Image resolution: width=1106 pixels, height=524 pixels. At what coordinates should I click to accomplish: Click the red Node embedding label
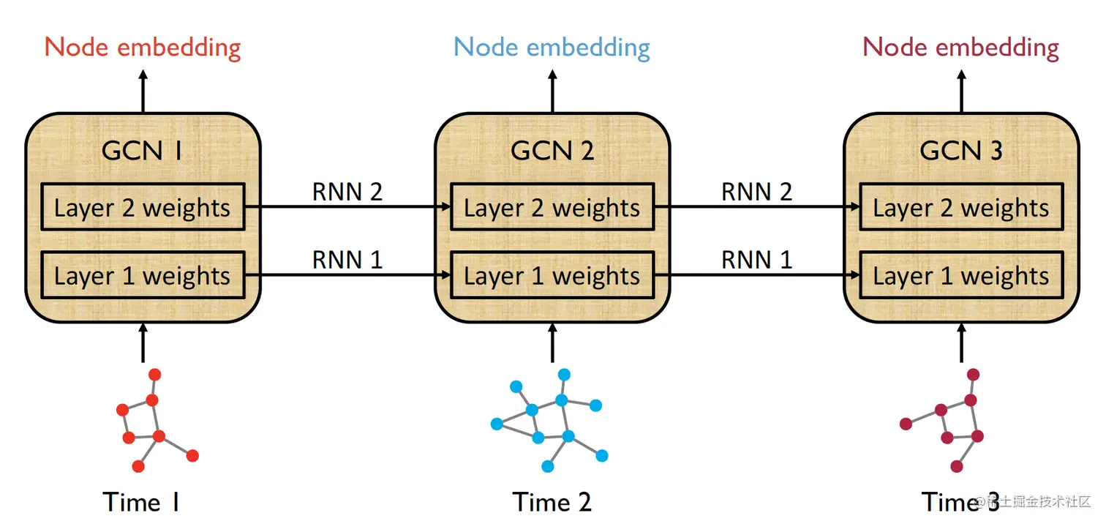(x=143, y=48)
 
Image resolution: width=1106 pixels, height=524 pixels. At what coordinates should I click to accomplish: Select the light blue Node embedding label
(x=552, y=48)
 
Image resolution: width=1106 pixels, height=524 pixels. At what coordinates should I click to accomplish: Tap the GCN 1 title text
(x=142, y=151)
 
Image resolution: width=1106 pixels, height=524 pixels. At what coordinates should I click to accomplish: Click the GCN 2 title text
(x=552, y=151)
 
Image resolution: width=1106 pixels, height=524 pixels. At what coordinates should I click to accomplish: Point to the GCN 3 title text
(x=960, y=151)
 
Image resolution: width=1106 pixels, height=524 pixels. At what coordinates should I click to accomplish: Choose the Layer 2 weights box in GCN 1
(x=143, y=208)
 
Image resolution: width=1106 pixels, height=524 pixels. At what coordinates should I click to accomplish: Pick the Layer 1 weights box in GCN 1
(x=143, y=275)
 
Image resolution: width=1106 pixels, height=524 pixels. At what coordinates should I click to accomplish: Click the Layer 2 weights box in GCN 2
(x=552, y=208)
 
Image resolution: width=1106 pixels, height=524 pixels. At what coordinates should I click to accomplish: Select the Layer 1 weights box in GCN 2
(x=552, y=275)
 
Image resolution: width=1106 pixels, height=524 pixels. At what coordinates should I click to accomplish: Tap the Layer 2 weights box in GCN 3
(x=961, y=208)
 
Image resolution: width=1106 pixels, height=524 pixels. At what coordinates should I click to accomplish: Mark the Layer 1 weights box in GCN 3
(x=961, y=275)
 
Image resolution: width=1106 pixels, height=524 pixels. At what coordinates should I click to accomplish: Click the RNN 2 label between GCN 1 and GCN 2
(x=347, y=192)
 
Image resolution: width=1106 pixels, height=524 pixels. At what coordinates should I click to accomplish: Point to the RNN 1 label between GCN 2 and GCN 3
(x=756, y=259)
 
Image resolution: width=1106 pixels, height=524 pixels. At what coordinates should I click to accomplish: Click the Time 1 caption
(x=141, y=502)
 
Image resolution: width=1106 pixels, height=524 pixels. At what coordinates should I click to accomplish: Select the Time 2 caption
(x=552, y=502)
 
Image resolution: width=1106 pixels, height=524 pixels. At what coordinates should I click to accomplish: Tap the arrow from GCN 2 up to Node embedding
(x=552, y=91)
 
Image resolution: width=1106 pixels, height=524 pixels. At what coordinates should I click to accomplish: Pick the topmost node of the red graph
(x=155, y=375)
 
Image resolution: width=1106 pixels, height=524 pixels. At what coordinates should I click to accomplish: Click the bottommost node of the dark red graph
(x=956, y=466)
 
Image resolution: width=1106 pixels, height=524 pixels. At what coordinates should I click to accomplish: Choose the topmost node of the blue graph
(x=564, y=375)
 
